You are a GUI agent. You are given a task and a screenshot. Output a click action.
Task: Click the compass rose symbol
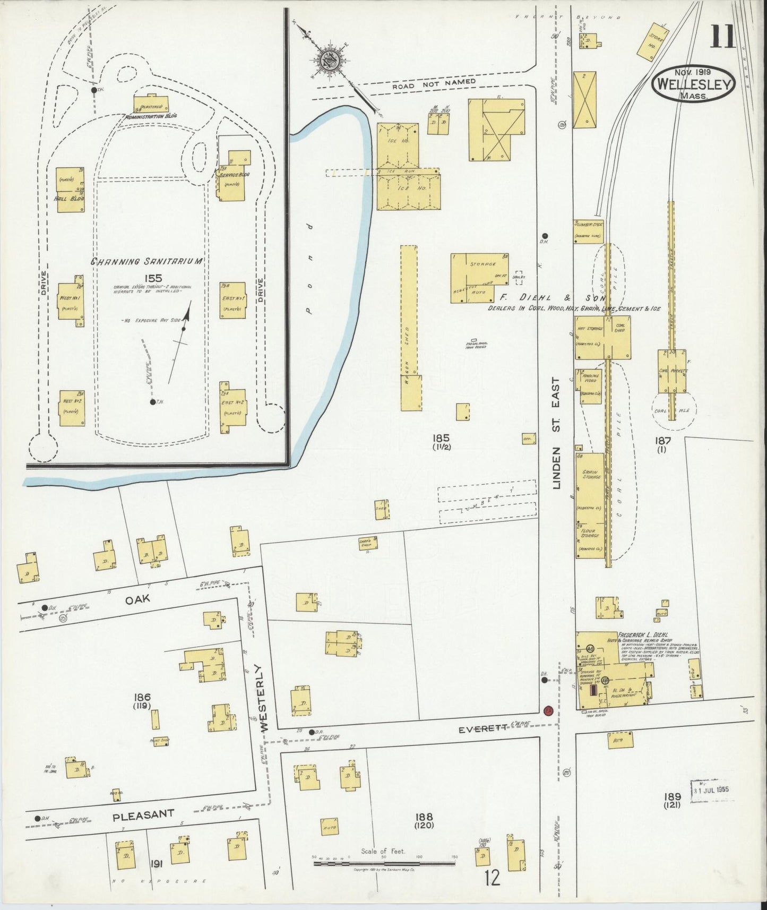(330, 58)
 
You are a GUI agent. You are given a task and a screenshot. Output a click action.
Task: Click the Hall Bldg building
(71, 189)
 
